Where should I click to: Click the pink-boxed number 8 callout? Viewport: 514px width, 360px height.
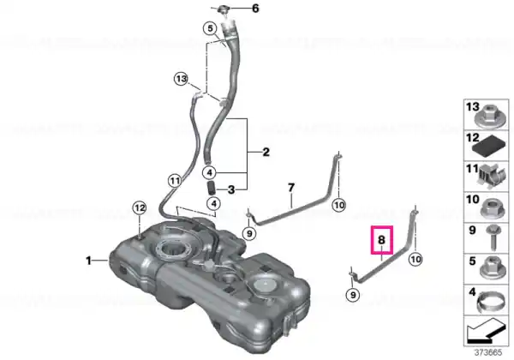pos(381,240)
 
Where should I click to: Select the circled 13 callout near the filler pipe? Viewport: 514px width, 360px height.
pos(182,79)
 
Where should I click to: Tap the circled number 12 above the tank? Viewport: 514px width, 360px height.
pos(140,208)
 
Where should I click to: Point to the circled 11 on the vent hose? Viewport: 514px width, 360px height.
pos(175,181)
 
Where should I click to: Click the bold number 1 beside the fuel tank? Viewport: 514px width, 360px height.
pos(88,261)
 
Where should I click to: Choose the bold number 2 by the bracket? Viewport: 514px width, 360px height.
pos(266,152)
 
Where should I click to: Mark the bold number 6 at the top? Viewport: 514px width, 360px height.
pos(255,9)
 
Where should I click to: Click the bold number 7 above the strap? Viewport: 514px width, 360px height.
pos(291,188)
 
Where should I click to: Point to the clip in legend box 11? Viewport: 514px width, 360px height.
pos(491,177)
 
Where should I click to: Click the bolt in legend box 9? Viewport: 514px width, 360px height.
pos(493,237)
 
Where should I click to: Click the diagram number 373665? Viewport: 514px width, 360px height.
pos(488,353)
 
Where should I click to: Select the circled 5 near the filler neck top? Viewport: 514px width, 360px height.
pos(210,28)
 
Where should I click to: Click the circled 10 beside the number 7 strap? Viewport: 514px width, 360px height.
pos(339,206)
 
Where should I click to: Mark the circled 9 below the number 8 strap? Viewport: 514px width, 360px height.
pos(353,295)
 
